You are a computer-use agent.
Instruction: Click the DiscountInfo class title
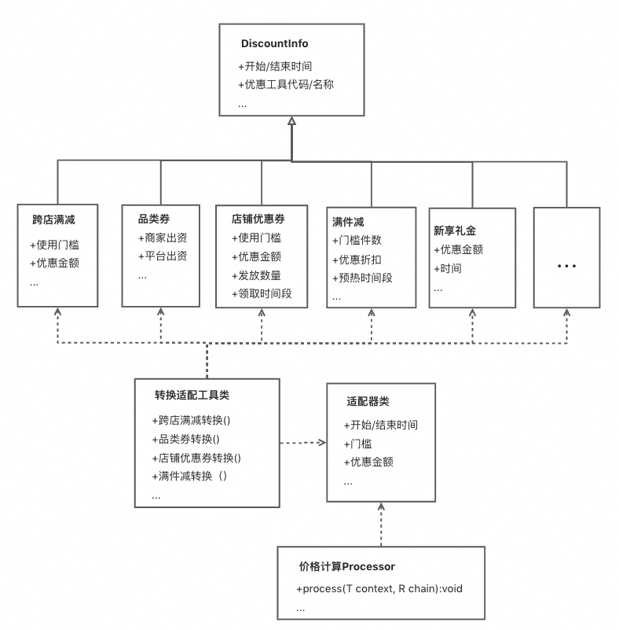click(274, 44)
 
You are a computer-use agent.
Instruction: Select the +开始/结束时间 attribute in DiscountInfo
click(275, 66)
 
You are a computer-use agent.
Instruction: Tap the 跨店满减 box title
click(53, 220)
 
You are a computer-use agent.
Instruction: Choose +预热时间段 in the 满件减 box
click(361, 278)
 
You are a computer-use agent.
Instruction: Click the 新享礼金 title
click(455, 230)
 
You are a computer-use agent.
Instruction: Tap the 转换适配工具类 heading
click(192, 395)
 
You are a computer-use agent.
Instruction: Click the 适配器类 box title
click(368, 401)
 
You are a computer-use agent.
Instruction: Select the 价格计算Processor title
click(346, 566)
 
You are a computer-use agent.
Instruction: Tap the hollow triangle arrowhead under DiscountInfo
click(291, 121)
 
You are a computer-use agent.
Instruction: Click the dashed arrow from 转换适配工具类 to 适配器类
click(302, 443)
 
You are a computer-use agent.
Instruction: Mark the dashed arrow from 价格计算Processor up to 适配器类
click(381, 523)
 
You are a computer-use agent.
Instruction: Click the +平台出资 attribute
click(162, 256)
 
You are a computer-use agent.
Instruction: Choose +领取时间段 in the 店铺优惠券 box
click(262, 293)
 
